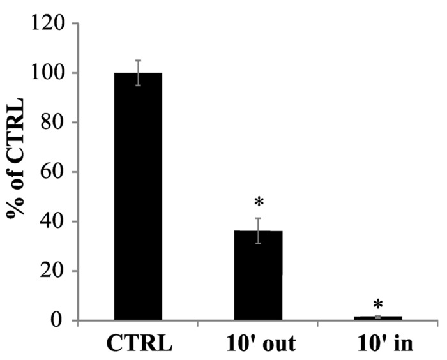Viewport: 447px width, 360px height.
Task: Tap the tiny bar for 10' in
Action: tap(378, 318)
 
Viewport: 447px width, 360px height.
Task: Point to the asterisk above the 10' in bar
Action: tap(378, 304)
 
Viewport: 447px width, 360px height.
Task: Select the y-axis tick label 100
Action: tap(49, 73)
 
